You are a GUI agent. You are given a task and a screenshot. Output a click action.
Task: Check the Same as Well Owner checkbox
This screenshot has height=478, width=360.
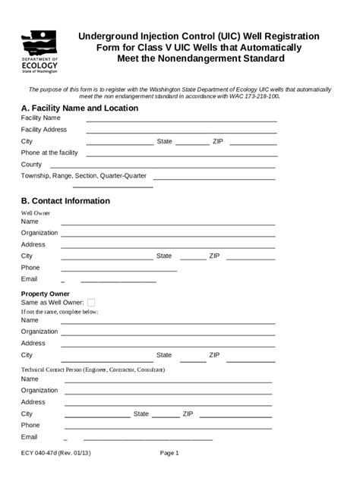tap(92, 302)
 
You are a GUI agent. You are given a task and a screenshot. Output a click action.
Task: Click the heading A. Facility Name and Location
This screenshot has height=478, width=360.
tap(80, 108)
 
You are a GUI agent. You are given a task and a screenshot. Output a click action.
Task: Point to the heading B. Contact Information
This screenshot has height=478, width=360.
tap(66, 201)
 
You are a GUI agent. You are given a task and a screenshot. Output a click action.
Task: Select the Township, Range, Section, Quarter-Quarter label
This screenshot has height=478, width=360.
tap(84, 176)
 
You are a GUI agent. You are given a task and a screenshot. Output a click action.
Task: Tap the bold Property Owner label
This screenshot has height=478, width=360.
tap(46, 294)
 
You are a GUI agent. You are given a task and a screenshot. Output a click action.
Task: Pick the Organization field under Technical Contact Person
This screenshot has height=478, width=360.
tap(168, 391)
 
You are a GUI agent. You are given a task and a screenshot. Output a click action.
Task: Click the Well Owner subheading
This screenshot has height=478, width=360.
tap(35, 213)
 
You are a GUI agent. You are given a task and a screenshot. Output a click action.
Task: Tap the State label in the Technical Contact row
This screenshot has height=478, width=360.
tap(141, 414)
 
